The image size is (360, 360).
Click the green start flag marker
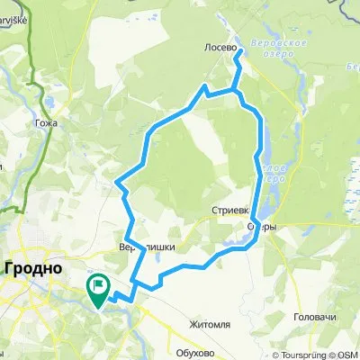[97, 286]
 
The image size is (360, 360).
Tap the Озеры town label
[261, 227]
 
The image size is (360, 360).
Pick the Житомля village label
[210, 319]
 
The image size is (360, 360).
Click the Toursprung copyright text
[297, 355]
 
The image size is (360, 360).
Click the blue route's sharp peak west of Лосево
[206, 85]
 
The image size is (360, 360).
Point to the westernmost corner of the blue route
[117, 182]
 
